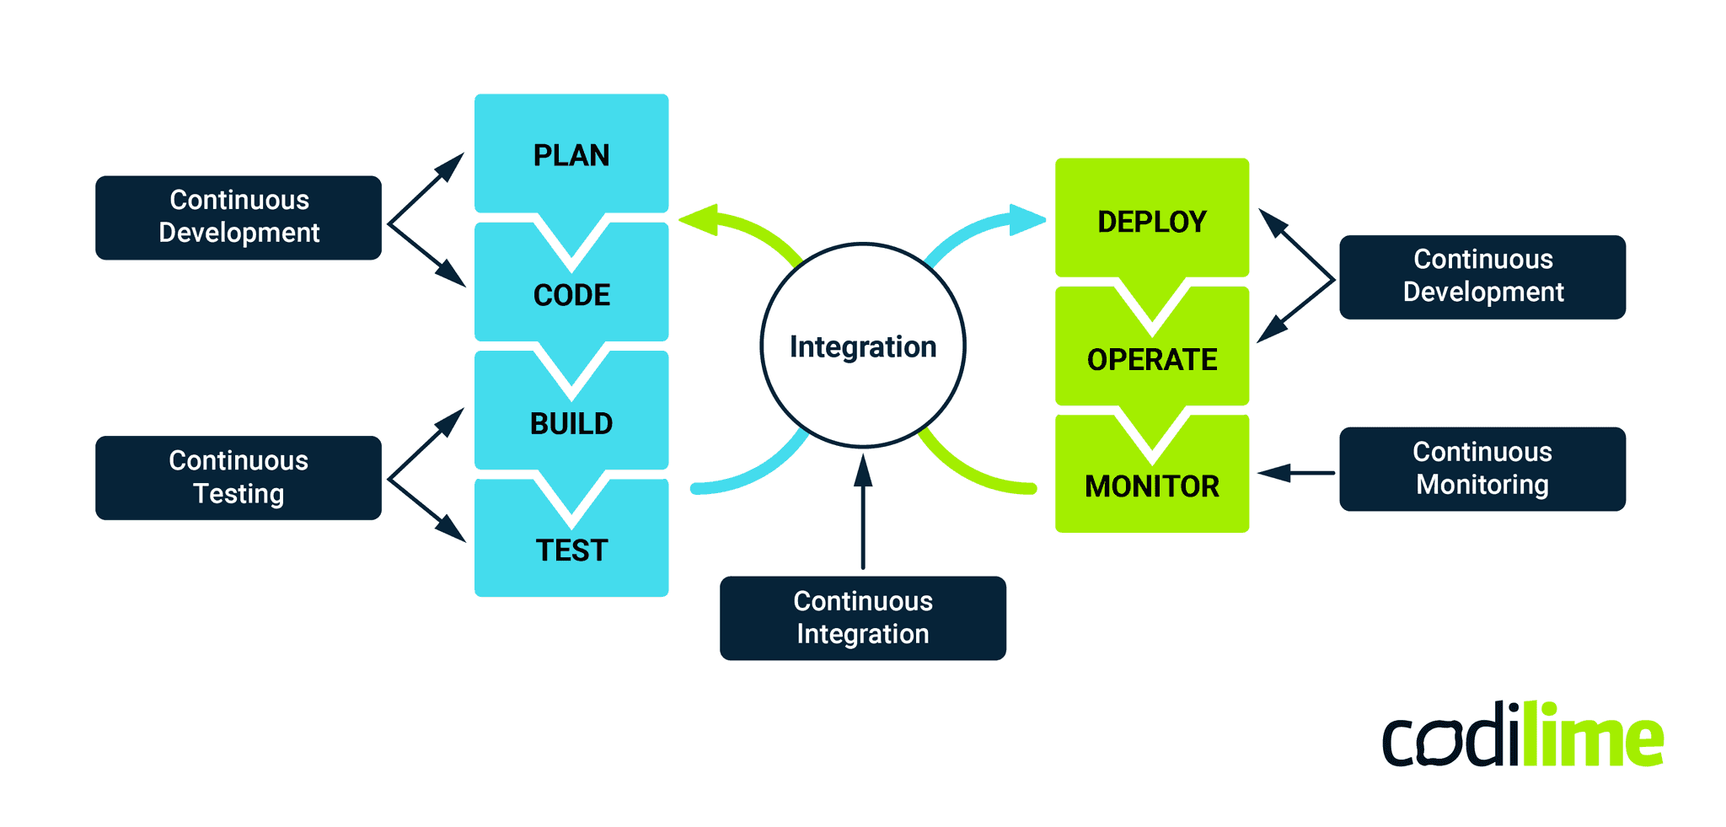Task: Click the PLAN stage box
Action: [571, 154]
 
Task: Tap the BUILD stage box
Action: [571, 423]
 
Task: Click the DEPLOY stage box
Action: [1151, 221]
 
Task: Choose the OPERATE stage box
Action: [1151, 360]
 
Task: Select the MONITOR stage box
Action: [1151, 486]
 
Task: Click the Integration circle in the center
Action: [863, 346]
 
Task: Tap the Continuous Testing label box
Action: [239, 477]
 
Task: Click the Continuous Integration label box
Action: [863, 617]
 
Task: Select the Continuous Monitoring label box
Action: [1482, 469]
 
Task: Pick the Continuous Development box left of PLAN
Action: [239, 217]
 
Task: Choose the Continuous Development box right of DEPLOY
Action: [1482, 277]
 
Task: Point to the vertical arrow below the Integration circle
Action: [863, 514]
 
